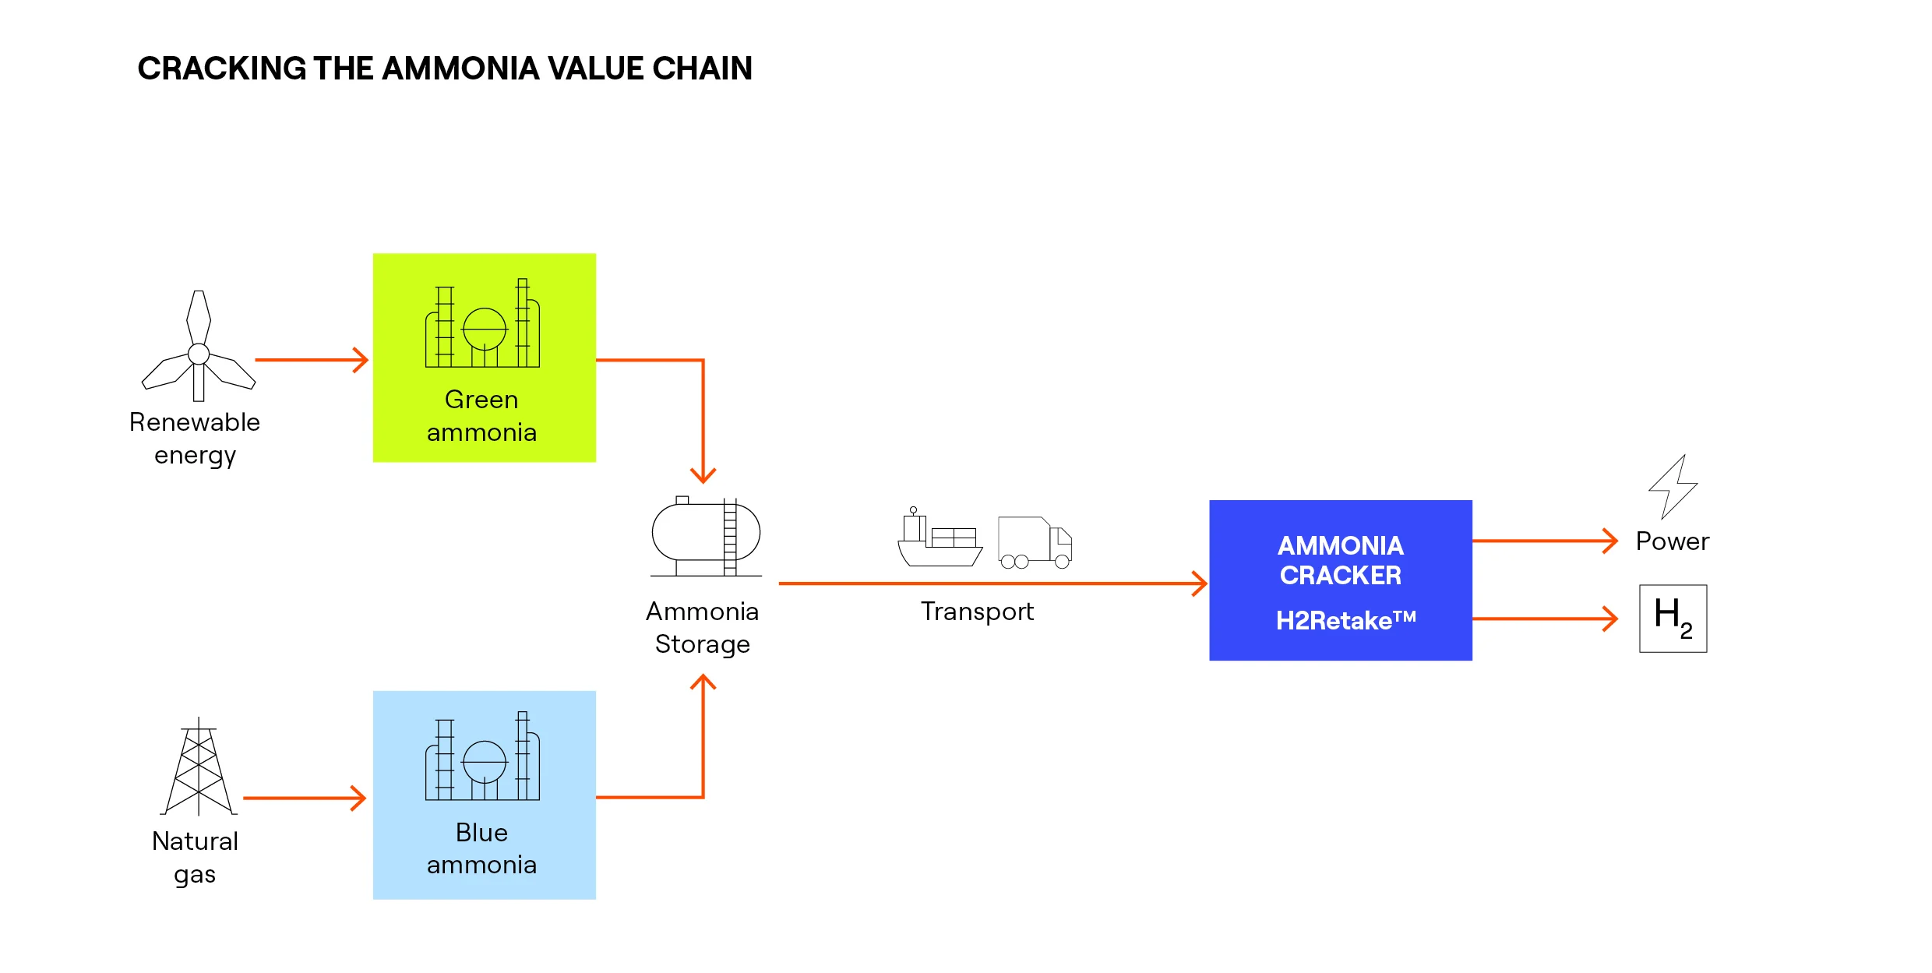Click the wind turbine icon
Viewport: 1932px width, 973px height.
pyautogui.click(x=199, y=347)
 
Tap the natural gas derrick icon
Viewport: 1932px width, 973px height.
pyautogui.click(x=199, y=767)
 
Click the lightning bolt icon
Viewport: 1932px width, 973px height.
pyautogui.click(x=1673, y=487)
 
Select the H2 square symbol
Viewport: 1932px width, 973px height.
pyautogui.click(x=1673, y=619)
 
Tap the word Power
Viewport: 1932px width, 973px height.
pyautogui.click(x=1672, y=541)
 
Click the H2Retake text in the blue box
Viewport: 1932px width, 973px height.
pyautogui.click(x=1345, y=621)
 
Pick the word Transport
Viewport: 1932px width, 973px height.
pyautogui.click(x=977, y=612)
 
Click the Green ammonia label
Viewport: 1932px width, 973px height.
pyautogui.click(x=482, y=416)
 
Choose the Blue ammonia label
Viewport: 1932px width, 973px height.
pyautogui.click(x=482, y=848)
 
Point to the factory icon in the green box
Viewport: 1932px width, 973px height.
pyautogui.click(x=482, y=324)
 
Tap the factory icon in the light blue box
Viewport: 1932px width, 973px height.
pyautogui.click(x=482, y=757)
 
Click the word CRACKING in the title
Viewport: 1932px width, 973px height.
pyautogui.click(x=222, y=69)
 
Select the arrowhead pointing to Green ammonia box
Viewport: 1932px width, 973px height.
pyautogui.click(x=361, y=360)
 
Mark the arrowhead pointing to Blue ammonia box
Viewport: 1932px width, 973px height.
pyautogui.click(x=359, y=798)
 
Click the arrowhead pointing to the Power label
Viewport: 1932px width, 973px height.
pyautogui.click(x=1611, y=541)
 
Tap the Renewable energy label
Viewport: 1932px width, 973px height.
pyautogui.click(x=195, y=439)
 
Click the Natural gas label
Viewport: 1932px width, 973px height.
pyautogui.click(x=195, y=858)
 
